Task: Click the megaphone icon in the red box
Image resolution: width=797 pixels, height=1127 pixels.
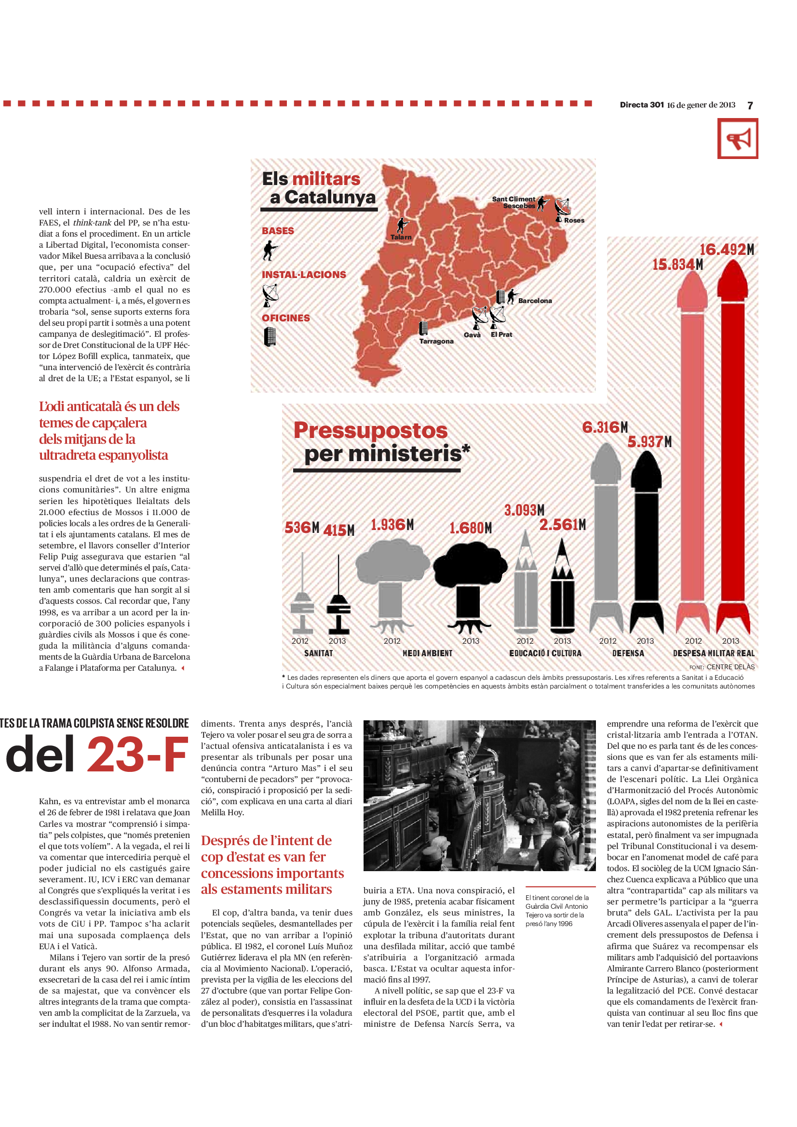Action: pos(738,139)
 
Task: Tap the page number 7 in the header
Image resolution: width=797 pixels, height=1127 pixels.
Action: pos(750,106)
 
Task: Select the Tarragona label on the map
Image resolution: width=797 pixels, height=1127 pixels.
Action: pos(436,341)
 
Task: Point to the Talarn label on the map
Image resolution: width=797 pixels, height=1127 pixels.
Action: pos(401,237)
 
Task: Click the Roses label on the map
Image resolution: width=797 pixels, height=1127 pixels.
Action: pos(574,220)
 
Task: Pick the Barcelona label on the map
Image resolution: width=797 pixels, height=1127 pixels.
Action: pos(535,300)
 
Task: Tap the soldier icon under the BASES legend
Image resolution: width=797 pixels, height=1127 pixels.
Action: pos(269,251)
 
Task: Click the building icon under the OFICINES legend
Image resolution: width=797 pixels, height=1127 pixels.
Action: pos(270,337)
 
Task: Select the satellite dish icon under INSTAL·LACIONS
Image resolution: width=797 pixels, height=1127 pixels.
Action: pos(270,295)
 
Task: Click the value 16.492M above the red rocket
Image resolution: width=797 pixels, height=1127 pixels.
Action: pos(726,250)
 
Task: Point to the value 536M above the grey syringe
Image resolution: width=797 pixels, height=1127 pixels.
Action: pos(301,528)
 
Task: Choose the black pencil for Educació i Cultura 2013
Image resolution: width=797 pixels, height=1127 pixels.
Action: pos(562,586)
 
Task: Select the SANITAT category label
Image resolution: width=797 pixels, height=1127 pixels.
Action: pos(318,653)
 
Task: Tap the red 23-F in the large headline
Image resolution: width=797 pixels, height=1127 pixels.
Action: pos(137,755)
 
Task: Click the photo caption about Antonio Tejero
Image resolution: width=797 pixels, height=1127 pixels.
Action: pos(556,911)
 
